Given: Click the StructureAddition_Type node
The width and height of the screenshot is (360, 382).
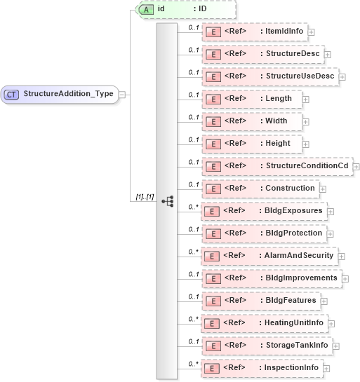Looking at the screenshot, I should coord(60,94).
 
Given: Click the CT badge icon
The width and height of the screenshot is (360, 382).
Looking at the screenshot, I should coord(12,94).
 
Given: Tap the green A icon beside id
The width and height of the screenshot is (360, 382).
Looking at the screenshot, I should coord(147,9).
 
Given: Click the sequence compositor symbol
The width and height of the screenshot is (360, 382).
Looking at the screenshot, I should coord(167,201).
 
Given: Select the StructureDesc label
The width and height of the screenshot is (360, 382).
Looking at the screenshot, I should coord(291,53).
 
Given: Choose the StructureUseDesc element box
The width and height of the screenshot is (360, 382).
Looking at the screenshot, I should coord(269,76).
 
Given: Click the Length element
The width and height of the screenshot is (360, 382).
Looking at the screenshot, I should coord(251,99).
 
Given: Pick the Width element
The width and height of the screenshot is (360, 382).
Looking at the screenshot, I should coord(251,121).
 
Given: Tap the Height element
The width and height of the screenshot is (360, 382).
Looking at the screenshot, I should coord(251,144).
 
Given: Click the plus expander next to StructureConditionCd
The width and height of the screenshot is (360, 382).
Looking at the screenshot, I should coord(356,166).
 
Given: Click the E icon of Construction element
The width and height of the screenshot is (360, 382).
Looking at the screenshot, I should coord(212,189).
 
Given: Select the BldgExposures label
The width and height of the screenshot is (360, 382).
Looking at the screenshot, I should coord(293,210).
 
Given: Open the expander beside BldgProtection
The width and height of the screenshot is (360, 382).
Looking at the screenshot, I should coord(330,233).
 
